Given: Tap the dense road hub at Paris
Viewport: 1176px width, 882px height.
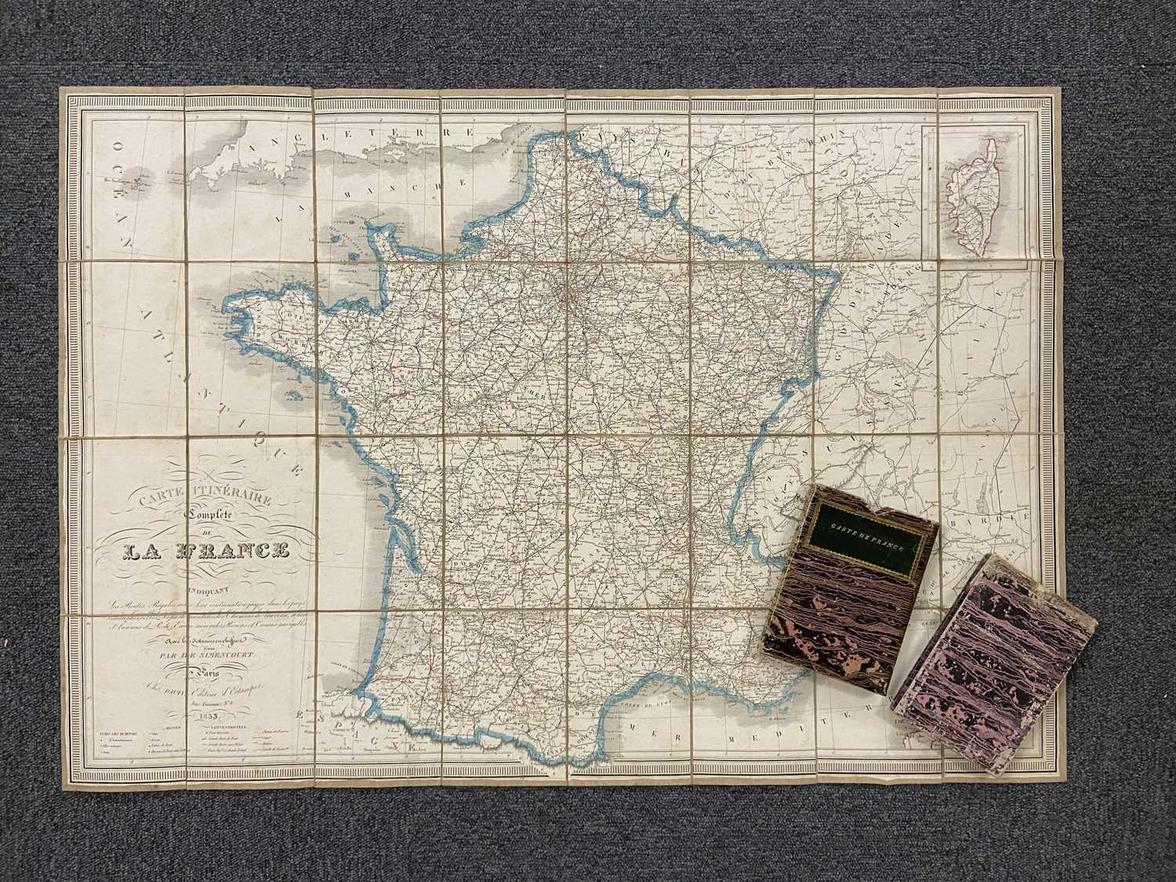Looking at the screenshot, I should pos(566,295).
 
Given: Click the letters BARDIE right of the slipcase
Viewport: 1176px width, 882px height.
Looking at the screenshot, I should pos(992,520).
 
